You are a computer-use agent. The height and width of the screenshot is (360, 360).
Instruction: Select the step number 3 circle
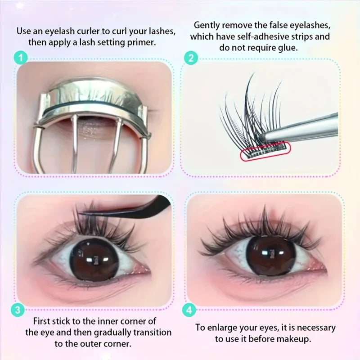click(17, 310)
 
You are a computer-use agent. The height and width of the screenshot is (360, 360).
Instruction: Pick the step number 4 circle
click(189, 310)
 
